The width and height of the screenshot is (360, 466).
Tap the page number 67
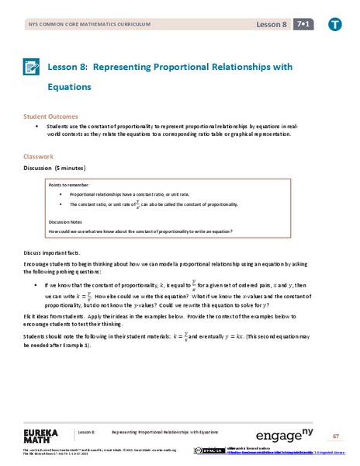tap(337, 435)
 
